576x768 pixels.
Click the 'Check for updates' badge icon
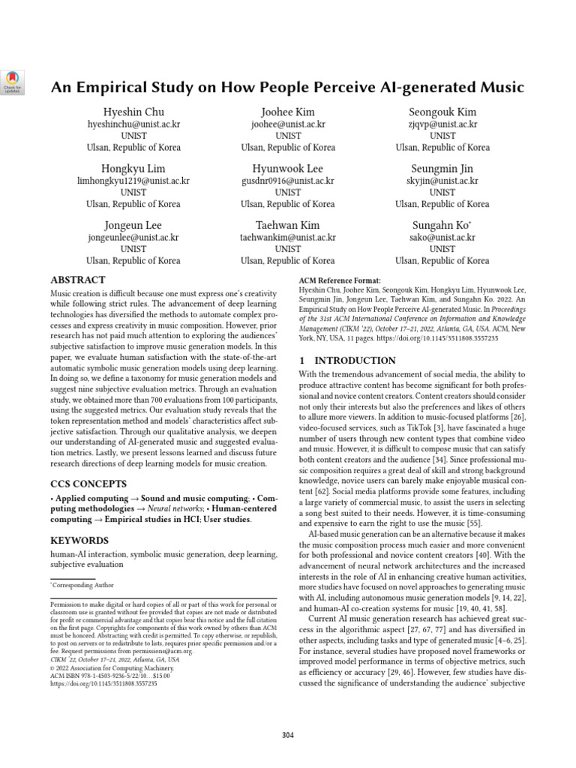(13, 81)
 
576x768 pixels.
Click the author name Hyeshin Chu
(133, 112)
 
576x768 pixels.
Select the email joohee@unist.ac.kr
(288, 124)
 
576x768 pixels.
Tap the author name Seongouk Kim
(442, 112)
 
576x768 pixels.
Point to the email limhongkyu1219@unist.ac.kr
(133, 181)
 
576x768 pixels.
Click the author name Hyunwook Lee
(288, 168)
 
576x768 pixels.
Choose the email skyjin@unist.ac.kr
(442, 181)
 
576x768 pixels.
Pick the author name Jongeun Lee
(133, 225)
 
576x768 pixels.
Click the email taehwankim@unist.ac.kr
(288, 237)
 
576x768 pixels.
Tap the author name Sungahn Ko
(441, 225)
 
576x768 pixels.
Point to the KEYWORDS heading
(79, 540)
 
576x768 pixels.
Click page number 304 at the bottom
(288, 735)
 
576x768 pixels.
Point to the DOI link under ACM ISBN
(103, 684)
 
